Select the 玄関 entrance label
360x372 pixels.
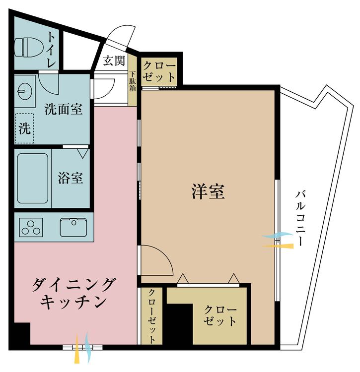click(x=114, y=61)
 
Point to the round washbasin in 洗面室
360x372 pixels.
click(x=24, y=90)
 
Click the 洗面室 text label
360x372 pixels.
click(x=63, y=109)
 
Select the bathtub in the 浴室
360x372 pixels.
click(x=33, y=178)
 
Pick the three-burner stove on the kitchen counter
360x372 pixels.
click(x=31, y=228)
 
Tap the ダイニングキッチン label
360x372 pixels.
click(x=74, y=293)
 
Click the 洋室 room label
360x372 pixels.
click(x=208, y=192)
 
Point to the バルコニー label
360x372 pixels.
click(x=300, y=218)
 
